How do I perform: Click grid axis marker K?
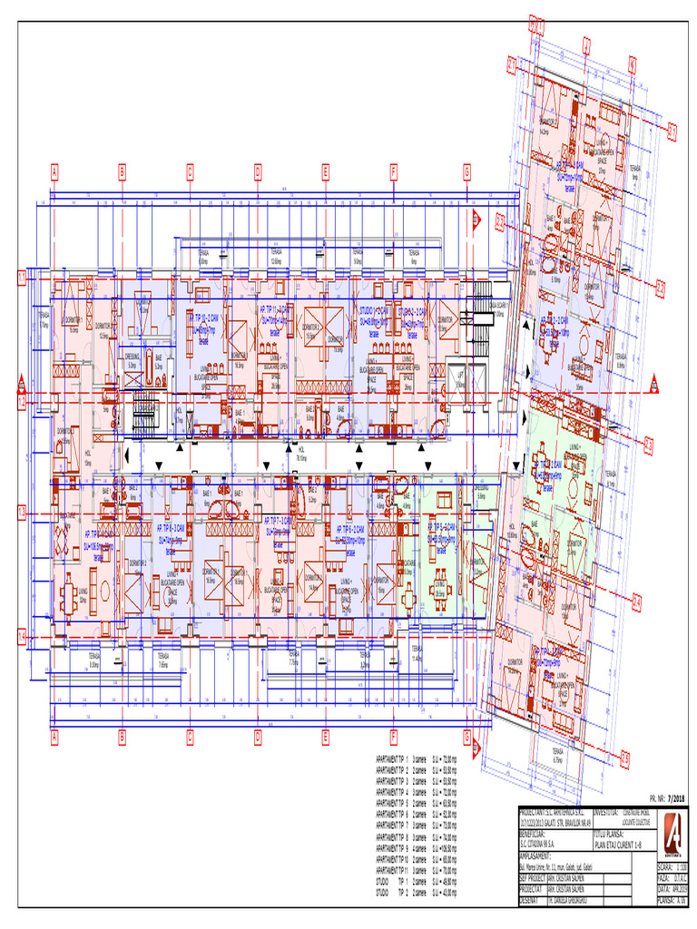(x=633, y=64)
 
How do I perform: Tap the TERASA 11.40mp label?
(x=416, y=657)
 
